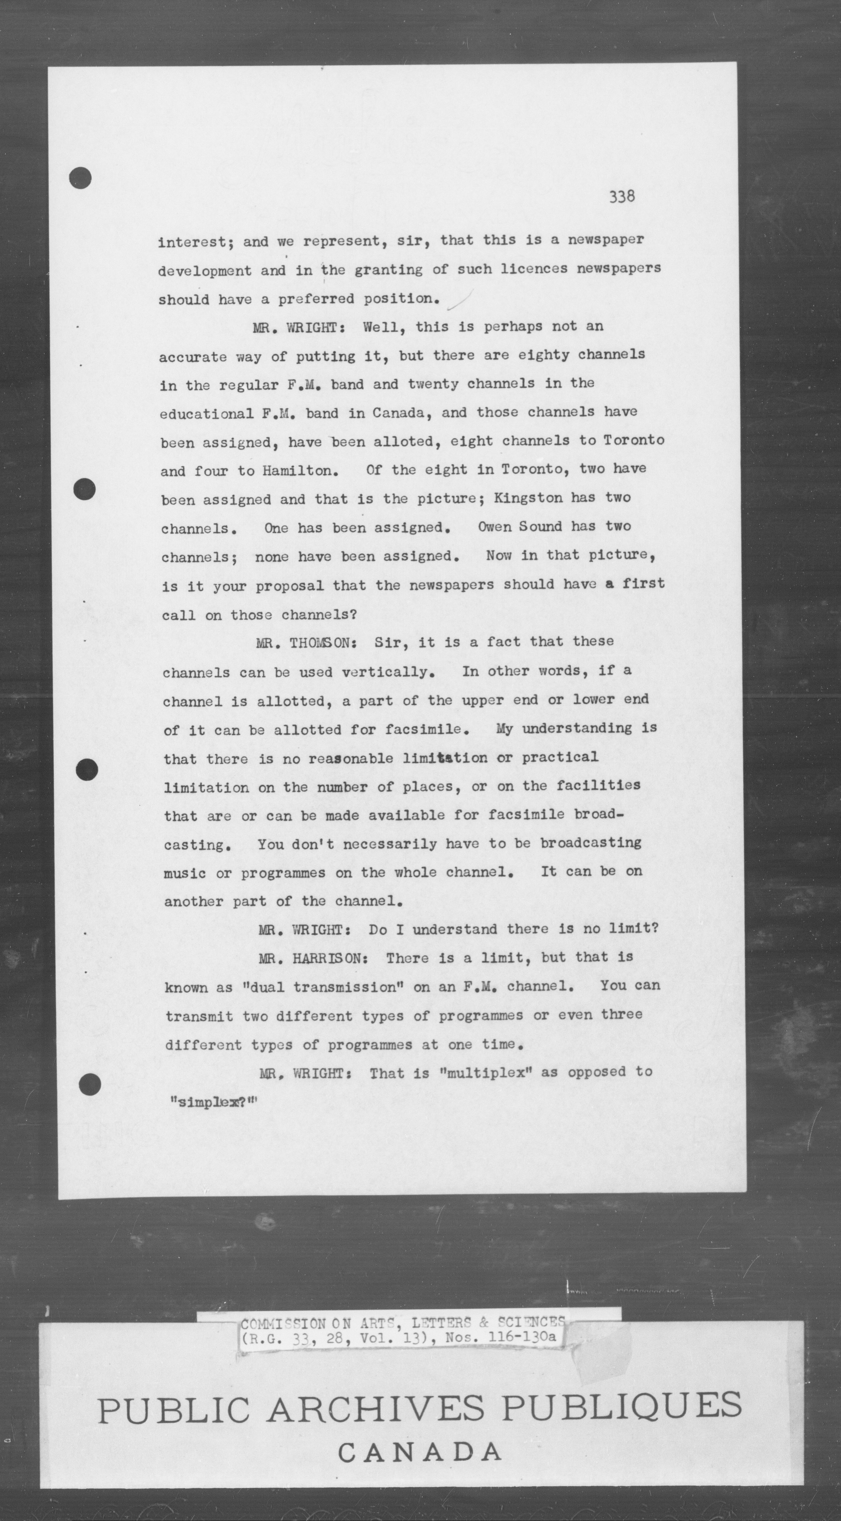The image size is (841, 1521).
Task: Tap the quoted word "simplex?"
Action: coord(214,1102)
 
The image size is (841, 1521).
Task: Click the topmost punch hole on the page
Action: coord(80,178)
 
